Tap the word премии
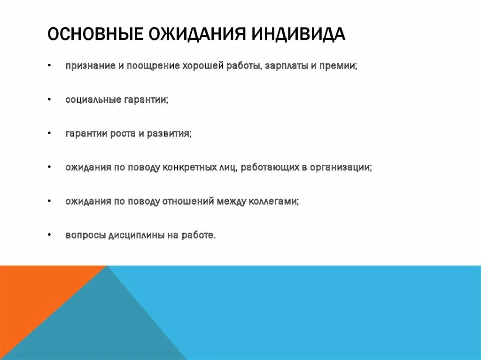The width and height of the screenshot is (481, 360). click(338, 66)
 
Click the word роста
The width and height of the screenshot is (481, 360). click(123, 134)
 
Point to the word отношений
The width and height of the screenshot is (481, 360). click(188, 201)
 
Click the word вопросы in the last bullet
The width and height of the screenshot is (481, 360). click(86, 236)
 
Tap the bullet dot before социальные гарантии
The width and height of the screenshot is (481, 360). click(49, 100)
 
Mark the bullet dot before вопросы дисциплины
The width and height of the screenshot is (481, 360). click(49, 236)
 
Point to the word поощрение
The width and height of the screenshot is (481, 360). click(153, 66)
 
